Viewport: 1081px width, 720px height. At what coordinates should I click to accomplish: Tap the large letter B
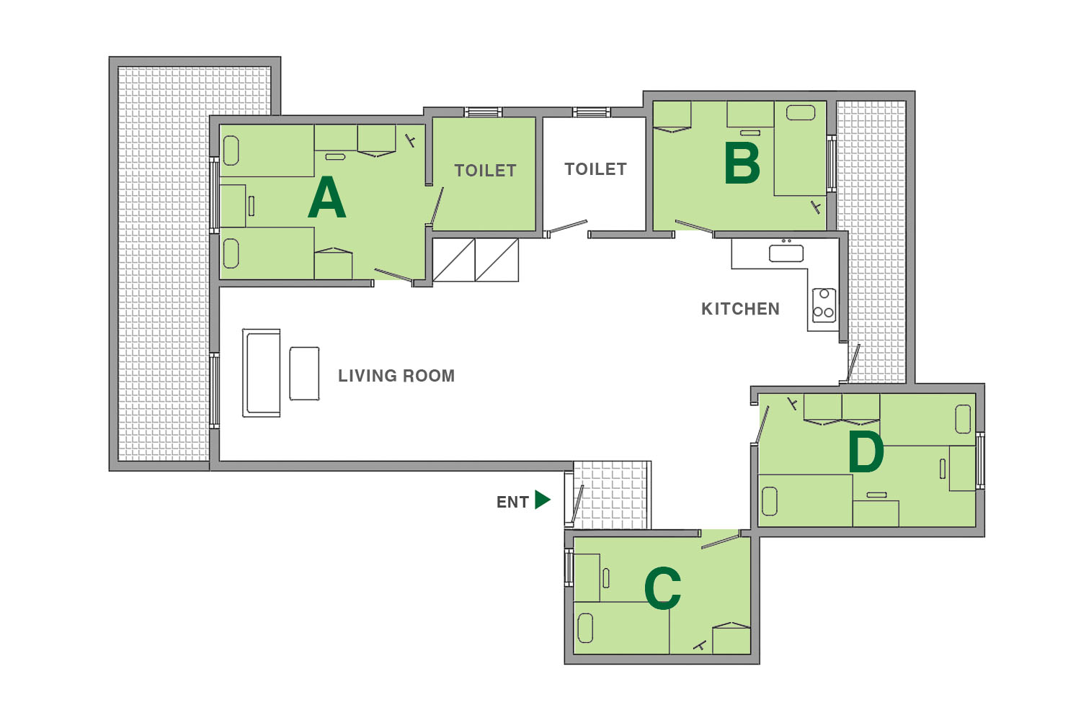click(742, 163)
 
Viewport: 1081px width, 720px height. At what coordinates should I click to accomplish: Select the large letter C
click(662, 588)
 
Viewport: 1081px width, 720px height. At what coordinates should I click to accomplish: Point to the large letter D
click(866, 451)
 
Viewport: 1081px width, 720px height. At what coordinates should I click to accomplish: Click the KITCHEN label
click(740, 309)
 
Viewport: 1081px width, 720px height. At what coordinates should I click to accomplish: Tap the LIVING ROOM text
click(396, 376)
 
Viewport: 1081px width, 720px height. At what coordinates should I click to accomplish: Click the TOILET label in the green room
click(485, 170)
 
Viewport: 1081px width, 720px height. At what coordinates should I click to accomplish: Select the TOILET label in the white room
click(595, 169)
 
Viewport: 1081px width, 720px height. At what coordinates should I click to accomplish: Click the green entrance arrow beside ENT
click(543, 500)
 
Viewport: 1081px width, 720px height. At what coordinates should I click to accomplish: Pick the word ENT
click(512, 502)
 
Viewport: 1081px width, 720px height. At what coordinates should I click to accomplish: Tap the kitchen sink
click(786, 253)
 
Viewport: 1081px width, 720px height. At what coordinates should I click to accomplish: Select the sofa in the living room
click(261, 373)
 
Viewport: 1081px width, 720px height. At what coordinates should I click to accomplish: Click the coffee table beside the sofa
click(304, 373)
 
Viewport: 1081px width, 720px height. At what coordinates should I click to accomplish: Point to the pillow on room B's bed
click(801, 113)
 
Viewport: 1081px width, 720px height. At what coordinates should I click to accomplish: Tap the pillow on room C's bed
click(585, 628)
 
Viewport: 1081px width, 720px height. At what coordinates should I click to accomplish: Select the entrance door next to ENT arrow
click(577, 504)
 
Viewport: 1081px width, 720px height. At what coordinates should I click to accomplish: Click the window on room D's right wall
click(980, 461)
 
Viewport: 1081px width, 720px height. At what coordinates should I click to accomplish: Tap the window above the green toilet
click(483, 112)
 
